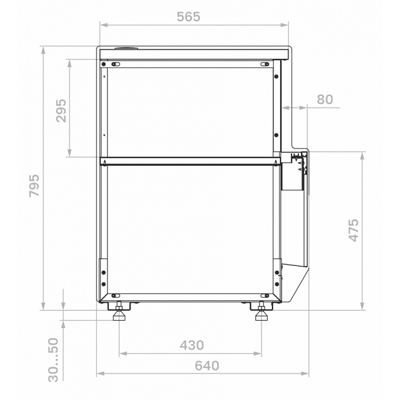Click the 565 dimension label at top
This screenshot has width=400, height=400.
coord(188,17)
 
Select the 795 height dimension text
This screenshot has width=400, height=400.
coord(34,186)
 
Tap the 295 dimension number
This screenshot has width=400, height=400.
coord(61,111)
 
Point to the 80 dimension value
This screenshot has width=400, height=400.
coord(325,99)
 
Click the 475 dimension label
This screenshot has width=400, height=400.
coord(354,230)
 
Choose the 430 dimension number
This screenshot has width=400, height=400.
coord(192,345)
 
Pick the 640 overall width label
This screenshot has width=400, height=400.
coord(207,366)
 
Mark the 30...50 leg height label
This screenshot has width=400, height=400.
coord(54,360)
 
